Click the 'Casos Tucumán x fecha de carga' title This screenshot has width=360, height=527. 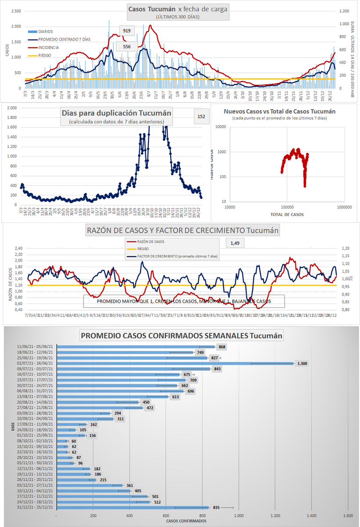(x=178, y=9)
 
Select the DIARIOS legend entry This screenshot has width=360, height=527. (x=46, y=32)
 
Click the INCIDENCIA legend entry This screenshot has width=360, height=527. (x=49, y=47)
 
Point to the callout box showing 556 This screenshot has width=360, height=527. (x=126, y=47)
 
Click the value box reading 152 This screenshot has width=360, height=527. (x=202, y=116)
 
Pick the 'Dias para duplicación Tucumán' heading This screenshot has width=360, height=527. (x=116, y=112)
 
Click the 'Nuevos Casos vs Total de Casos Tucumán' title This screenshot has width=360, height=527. (x=280, y=112)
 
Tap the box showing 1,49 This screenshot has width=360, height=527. (x=234, y=243)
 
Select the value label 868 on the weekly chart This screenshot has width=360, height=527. (x=222, y=347)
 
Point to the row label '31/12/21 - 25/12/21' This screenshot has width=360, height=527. (x=34, y=508)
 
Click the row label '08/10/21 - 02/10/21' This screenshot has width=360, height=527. (x=34, y=440)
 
